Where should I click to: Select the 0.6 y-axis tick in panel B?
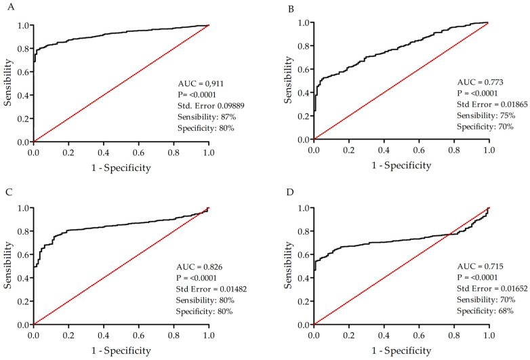coord(302,69)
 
